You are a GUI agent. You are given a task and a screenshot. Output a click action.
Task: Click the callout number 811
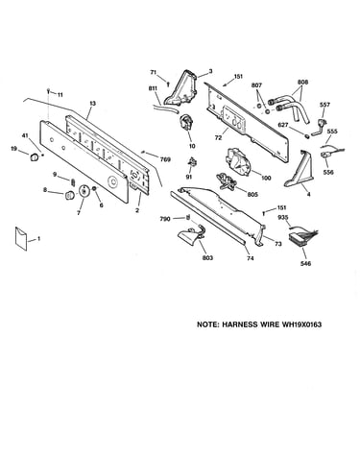pos(154,88)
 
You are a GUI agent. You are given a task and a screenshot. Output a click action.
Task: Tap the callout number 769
pos(165,159)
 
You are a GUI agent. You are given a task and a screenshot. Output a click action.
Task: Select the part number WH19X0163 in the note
pos(301,324)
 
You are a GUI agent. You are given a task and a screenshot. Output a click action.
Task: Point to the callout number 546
pos(306,263)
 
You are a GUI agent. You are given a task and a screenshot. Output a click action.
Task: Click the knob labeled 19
pos(34,157)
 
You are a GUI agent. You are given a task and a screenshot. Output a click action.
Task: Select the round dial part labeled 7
pos(84,191)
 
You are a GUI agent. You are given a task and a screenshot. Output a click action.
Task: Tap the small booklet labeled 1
pos(20,238)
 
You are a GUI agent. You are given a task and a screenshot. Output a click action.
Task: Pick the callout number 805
pos(252,194)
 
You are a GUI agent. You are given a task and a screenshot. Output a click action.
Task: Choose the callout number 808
pos(302,83)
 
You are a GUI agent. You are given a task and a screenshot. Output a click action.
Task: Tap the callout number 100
pos(266,178)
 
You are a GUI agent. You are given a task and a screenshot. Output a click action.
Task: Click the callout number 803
pos(207,258)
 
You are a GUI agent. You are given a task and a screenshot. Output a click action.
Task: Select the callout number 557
pos(324,105)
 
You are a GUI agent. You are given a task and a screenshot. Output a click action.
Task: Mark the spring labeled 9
pos(73,181)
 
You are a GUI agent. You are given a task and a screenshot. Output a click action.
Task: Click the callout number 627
pos(282,125)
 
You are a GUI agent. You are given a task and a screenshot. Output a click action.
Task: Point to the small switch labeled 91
pos(193,162)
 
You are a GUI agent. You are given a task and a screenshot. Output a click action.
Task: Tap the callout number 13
pos(92,104)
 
